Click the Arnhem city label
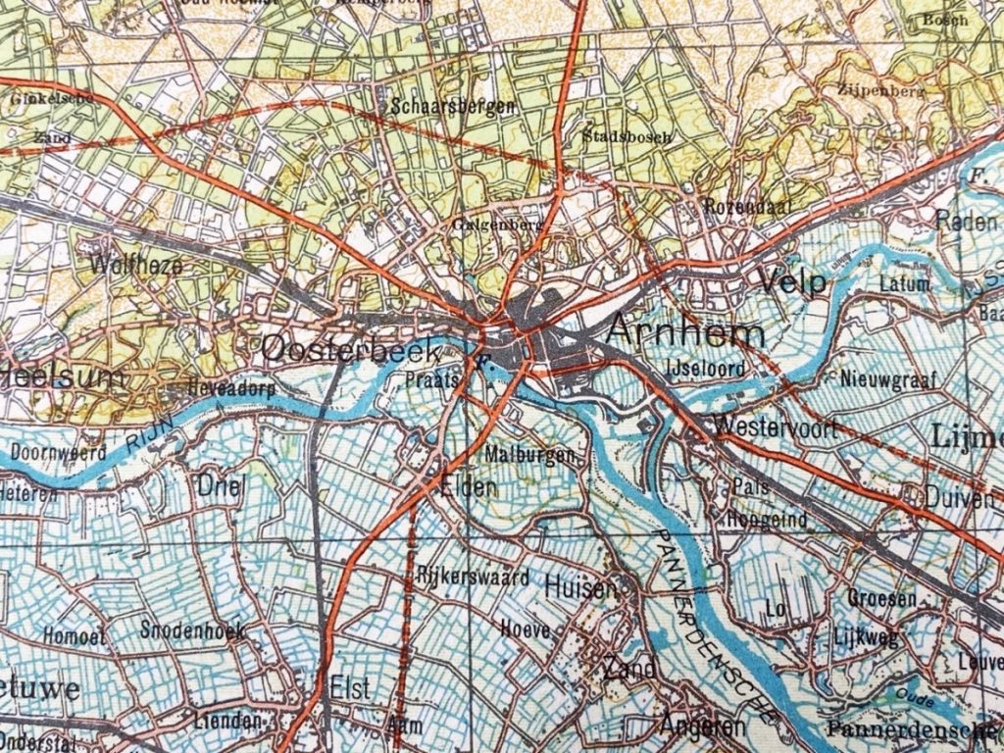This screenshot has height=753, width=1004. pos(685,332)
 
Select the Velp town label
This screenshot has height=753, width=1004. pos(793,283)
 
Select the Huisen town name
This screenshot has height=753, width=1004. pos(580,588)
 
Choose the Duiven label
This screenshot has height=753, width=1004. pos(958,499)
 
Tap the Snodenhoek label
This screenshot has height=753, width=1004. pos(191,630)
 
